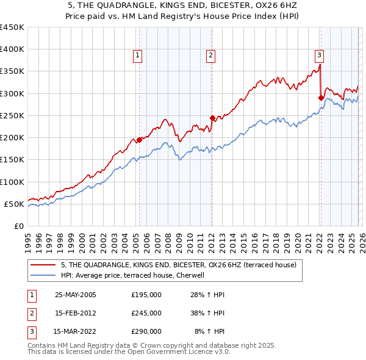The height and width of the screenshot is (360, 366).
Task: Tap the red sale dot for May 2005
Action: click(x=139, y=140)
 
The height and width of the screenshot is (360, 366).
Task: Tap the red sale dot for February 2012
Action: click(x=212, y=118)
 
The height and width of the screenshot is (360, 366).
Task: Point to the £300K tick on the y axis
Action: click(x=12, y=93)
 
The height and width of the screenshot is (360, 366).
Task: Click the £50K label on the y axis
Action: click(x=15, y=204)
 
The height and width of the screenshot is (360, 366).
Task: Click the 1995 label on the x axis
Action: click(x=28, y=242)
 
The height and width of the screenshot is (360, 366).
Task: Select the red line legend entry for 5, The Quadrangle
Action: click(x=178, y=265)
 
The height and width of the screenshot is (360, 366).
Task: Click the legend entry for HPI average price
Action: click(x=136, y=275)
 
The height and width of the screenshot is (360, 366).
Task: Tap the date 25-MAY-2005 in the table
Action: click(x=76, y=295)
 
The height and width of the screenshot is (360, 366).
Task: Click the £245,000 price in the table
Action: click(x=146, y=313)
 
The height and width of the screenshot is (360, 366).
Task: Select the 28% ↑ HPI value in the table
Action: click(x=209, y=295)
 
